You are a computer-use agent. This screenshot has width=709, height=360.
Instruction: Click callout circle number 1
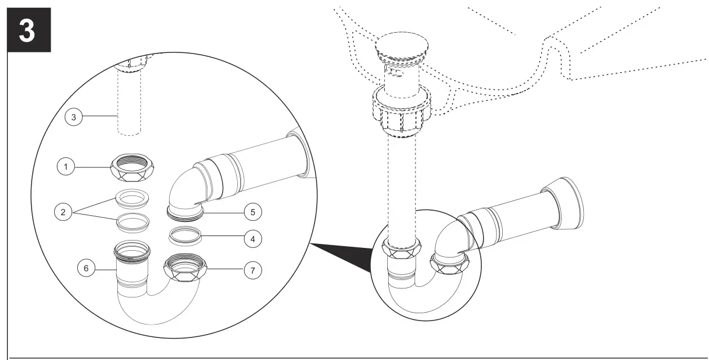coord(65,167)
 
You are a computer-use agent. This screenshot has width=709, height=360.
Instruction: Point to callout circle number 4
coord(252,239)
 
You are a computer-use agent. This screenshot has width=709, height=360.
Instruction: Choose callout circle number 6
coord(86,269)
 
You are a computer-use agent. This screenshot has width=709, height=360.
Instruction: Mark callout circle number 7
coord(252,270)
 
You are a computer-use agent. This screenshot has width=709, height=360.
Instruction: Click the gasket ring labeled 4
coord(186,235)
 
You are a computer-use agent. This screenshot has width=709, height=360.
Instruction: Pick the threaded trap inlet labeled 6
coord(132,251)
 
